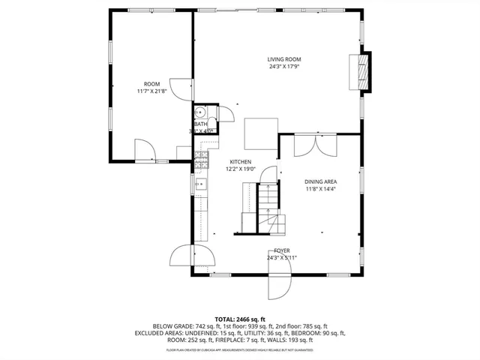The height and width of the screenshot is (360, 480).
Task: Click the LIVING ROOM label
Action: coord(284,59)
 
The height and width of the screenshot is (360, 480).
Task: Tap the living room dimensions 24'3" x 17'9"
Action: coord(284,67)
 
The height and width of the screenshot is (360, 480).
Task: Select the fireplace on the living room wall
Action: coord(364,70)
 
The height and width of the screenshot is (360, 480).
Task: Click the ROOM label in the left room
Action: coord(151,83)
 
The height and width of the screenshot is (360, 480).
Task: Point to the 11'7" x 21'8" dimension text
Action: coord(151,91)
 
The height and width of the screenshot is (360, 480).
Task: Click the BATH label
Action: coord(200,124)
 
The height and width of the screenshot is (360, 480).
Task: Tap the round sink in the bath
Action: coord(200,113)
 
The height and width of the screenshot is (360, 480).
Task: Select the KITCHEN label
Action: coord(241,161)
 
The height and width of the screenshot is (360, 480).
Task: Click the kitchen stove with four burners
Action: coord(200,158)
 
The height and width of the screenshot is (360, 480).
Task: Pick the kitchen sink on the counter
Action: coord(199,183)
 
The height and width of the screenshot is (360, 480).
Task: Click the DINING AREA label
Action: coord(320,181)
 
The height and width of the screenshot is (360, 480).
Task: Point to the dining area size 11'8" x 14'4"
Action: coord(320,189)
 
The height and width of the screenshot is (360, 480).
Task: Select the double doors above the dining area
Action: coord(316,143)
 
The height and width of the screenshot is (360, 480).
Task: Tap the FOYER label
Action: coord(281,250)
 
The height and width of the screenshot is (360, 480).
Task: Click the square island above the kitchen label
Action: coord(260,132)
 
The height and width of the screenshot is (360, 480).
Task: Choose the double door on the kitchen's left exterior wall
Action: coord(182,256)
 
